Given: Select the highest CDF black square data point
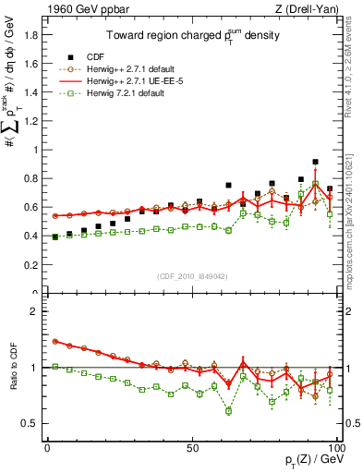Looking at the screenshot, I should coord(315,162).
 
